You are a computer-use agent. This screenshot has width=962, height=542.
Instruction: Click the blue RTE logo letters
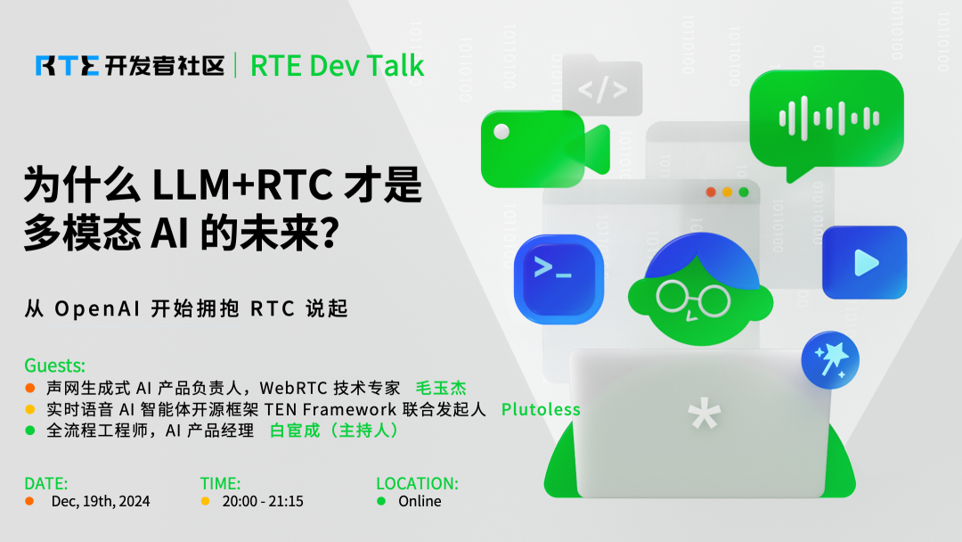(68, 65)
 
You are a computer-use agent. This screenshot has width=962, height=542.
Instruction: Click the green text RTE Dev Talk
(337, 65)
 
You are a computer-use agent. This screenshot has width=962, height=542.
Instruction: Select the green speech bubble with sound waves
(826, 119)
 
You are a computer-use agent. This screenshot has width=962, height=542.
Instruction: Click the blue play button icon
(863, 261)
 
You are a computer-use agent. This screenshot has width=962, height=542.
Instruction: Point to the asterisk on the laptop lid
(703, 415)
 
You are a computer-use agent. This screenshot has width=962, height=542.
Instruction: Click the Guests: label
(55, 365)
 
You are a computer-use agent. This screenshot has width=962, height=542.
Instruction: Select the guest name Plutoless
(540, 409)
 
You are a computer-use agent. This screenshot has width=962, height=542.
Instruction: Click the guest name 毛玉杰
(441, 388)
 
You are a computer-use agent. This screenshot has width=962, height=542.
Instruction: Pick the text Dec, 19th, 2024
(100, 501)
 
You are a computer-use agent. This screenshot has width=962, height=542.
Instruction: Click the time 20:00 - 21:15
(263, 501)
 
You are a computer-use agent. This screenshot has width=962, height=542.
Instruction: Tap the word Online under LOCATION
(420, 501)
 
